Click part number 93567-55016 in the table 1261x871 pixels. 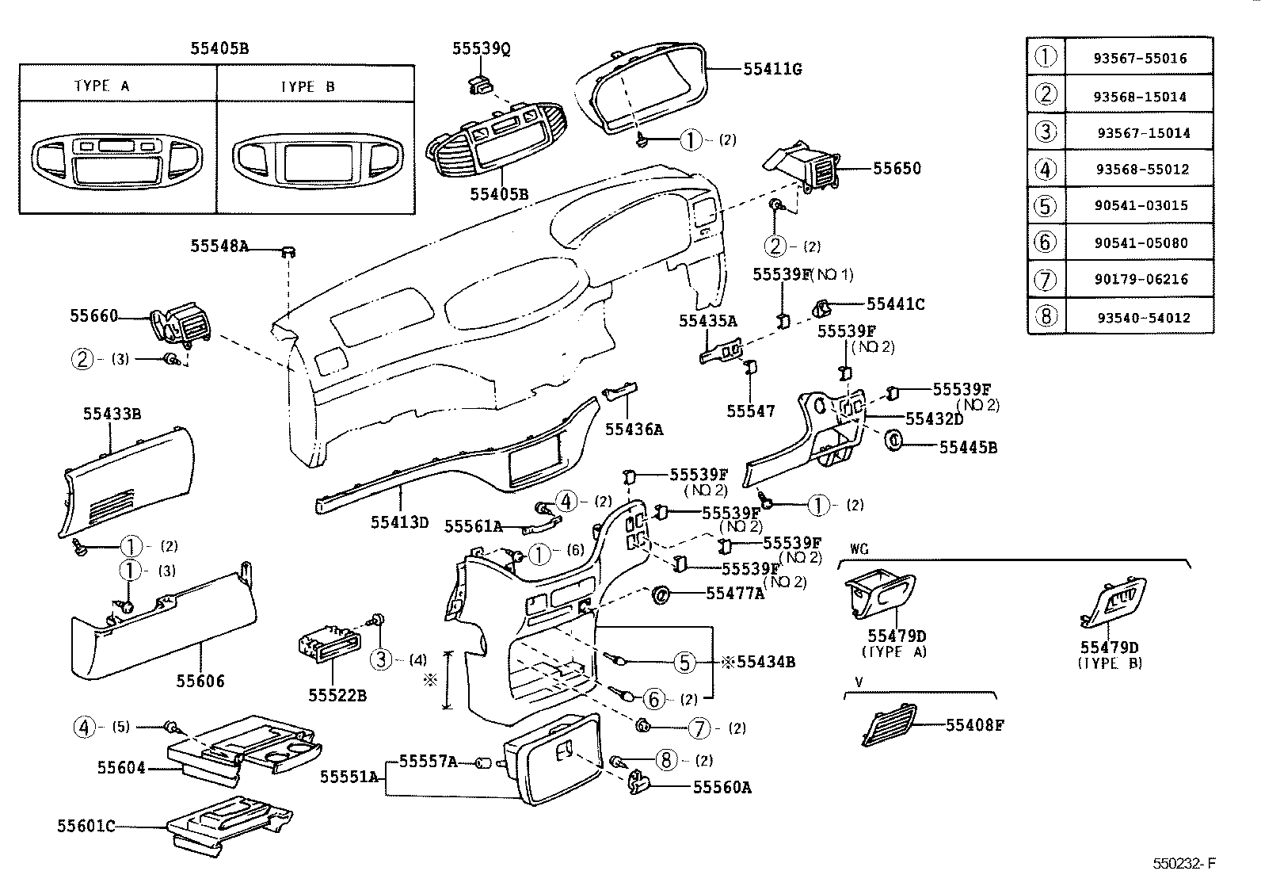1140,59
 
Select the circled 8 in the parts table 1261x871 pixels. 1046,317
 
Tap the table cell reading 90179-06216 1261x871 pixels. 1140,280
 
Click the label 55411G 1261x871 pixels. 772,70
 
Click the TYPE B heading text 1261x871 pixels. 307,86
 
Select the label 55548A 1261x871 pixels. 219,246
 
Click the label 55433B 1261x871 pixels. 112,414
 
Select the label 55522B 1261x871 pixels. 337,696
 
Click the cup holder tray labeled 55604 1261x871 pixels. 246,745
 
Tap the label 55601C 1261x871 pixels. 86,827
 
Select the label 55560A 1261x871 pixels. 722,787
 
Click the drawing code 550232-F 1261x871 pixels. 1183,862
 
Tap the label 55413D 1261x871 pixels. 399,522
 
